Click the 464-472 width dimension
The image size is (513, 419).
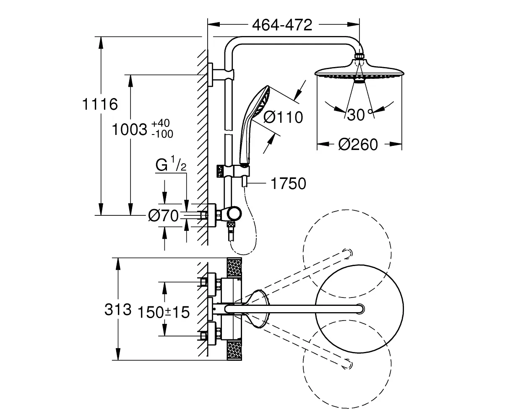point(282,25)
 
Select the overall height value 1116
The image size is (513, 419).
point(100,104)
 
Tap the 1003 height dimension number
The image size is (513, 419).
point(130,129)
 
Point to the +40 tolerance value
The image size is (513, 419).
point(161,123)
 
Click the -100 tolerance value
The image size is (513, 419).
point(162,134)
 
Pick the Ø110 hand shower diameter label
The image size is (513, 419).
point(283,117)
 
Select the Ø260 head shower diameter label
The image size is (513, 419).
point(358,145)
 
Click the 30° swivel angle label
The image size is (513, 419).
point(359,114)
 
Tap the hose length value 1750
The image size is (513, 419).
point(288,184)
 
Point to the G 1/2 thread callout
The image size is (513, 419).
point(171,164)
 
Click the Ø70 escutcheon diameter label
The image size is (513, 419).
point(164,216)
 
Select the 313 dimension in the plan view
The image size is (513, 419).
point(118,310)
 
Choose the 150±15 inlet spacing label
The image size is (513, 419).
point(164,312)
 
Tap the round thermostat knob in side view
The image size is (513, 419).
point(234,214)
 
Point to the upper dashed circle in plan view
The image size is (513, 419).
point(347,254)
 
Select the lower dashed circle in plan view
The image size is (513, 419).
point(347,364)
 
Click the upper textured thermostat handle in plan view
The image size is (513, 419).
point(234,268)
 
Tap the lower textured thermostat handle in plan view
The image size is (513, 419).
point(234,351)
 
